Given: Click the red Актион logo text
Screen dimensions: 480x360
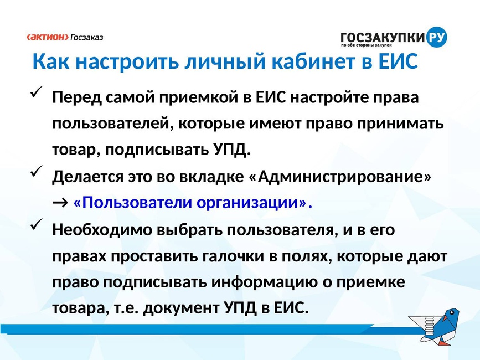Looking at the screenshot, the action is [48, 37].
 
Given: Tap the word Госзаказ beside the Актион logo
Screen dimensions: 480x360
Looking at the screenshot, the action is [87, 37].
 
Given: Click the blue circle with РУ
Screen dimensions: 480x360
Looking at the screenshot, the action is [436, 37].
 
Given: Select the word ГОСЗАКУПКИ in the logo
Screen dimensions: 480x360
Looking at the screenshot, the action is [383, 38].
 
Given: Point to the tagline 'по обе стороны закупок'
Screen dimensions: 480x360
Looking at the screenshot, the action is [367, 45].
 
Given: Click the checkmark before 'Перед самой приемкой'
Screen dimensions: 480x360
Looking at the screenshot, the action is [37, 92].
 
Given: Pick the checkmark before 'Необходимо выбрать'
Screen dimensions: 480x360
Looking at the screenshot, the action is [37, 224].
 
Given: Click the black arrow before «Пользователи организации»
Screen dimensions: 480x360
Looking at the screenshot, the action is [60, 203].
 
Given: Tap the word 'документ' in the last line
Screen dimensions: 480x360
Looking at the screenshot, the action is [181, 308].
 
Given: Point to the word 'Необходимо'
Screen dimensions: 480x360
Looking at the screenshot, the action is [102, 230].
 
